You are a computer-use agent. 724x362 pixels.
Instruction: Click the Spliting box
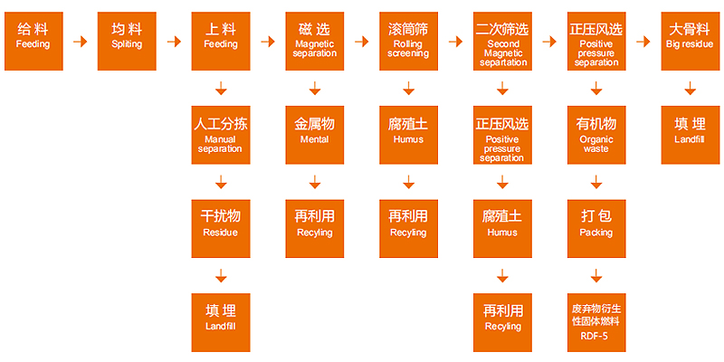(127, 41)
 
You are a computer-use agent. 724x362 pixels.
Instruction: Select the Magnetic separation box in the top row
(315, 41)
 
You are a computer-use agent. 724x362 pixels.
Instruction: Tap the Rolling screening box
(408, 41)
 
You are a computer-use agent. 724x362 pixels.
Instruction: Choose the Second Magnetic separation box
(503, 41)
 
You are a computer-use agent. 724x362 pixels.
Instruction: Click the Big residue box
(691, 41)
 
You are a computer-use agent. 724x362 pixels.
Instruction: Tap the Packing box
(596, 227)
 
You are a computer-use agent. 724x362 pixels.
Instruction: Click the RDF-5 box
(596, 320)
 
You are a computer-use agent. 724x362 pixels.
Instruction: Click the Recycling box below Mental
(315, 227)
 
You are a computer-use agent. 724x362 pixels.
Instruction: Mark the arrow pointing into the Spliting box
(80, 41)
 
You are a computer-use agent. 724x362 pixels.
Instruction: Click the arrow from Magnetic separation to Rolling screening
(361, 41)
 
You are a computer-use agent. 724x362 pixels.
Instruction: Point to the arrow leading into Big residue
(643, 41)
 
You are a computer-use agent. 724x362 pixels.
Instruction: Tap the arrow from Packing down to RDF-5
(596, 274)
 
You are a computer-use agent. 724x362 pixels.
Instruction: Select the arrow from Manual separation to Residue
(220, 181)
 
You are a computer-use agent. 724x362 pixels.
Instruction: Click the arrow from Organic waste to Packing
(596, 181)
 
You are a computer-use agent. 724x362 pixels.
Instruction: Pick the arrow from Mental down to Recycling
(315, 181)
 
